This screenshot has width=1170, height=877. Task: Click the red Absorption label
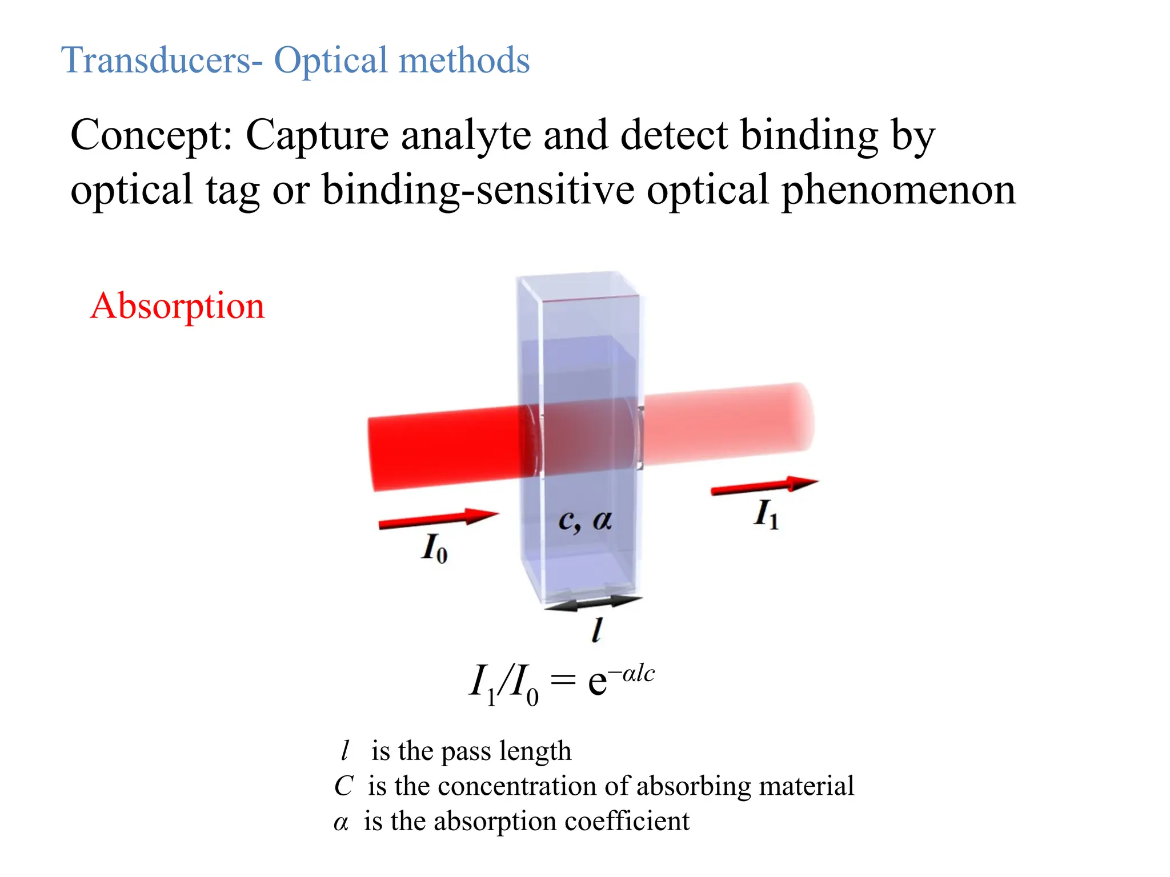click(177, 306)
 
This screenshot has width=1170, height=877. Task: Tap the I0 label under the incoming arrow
click(434, 548)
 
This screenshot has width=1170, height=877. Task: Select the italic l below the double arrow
click(596, 630)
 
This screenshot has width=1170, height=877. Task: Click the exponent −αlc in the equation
click(631, 674)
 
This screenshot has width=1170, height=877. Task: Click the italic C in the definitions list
click(343, 786)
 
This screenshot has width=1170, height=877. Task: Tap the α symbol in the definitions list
click(340, 823)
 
